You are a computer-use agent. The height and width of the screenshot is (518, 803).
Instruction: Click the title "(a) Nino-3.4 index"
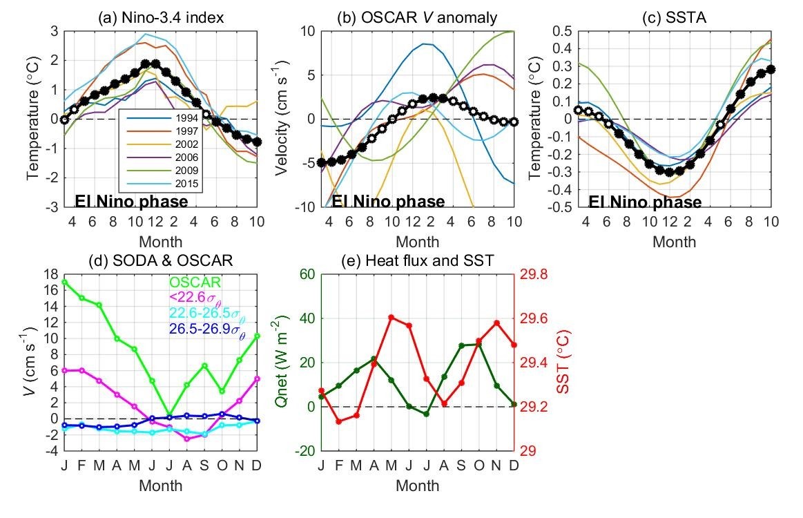[161, 17]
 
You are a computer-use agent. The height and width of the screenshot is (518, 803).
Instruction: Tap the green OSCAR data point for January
[65, 282]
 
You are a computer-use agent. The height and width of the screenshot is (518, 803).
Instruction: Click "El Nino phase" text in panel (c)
[645, 202]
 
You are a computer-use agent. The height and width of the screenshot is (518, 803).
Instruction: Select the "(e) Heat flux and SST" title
[416, 260]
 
